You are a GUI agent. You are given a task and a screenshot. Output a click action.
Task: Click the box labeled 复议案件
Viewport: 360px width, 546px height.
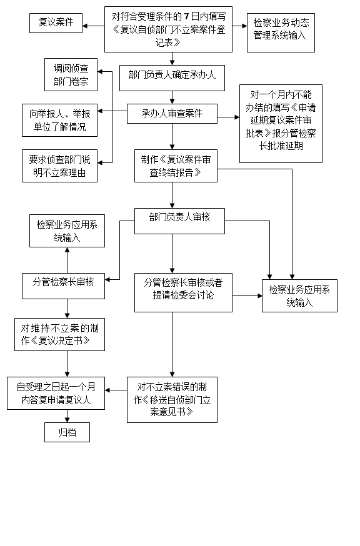[x=56, y=23]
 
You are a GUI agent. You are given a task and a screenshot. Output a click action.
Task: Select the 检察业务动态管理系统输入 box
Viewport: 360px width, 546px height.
[x=281, y=32]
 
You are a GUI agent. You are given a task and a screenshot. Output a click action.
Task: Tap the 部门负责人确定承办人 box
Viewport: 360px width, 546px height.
[x=172, y=78]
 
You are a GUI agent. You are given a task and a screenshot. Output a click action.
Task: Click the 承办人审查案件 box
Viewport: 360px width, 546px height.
[x=172, y=114]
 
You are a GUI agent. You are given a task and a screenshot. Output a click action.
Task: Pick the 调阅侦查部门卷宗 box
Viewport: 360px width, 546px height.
[x=71, y=75]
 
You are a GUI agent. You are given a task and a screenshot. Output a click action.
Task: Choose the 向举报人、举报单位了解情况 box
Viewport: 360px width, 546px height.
[x=59, y=120]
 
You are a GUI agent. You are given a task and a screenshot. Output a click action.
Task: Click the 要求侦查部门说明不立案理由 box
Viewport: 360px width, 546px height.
[x=59, y=166]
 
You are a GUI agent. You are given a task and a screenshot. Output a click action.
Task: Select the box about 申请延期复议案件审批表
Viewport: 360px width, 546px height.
[x=281, y=124]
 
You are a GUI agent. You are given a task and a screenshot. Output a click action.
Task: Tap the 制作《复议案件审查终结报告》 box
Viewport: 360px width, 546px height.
[x=176, y=166]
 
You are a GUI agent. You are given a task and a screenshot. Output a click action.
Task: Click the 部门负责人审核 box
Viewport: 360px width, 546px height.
[x=180, y=221]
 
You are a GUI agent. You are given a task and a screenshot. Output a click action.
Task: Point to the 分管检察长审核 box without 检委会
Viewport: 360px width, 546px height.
[x=63, y=286]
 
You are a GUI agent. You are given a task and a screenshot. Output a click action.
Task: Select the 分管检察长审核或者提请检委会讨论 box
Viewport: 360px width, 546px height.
[x=183, y=292]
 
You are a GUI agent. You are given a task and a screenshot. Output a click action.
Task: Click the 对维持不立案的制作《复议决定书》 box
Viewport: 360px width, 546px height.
[x=59, y=334]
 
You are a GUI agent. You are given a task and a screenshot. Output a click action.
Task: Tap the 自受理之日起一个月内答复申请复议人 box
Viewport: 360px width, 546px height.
[x=56, y=393]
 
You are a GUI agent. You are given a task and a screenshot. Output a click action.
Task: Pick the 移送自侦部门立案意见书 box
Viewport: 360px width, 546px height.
[x=172, y=400]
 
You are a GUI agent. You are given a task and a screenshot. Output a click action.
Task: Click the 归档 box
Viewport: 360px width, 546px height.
[x=67, y=432]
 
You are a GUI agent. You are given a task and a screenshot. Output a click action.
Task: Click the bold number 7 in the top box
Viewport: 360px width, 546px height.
[x=187, y=16]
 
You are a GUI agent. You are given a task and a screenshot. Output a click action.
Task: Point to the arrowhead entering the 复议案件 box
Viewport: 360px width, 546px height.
[x=85, y=26]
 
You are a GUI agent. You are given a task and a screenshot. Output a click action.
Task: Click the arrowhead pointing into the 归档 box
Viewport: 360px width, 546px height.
[x=67, y=420]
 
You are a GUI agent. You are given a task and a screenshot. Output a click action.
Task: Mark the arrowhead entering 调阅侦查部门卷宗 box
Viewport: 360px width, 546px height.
[x=100, y=72]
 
